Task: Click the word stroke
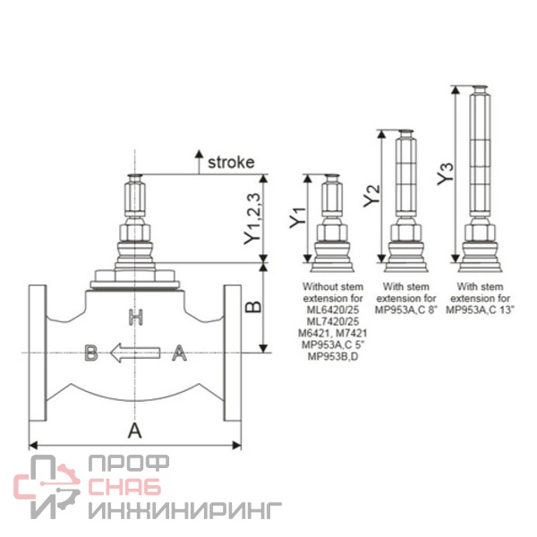[231, 162]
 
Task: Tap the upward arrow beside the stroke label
[199, 162]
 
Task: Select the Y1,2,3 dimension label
[252, 219]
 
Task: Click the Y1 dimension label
[298, 217]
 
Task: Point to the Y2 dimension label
[371, 195]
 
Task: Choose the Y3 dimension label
[445, 174]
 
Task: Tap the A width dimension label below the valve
[134, 430]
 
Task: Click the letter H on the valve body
[136, 317]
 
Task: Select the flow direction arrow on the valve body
[135, 353]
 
